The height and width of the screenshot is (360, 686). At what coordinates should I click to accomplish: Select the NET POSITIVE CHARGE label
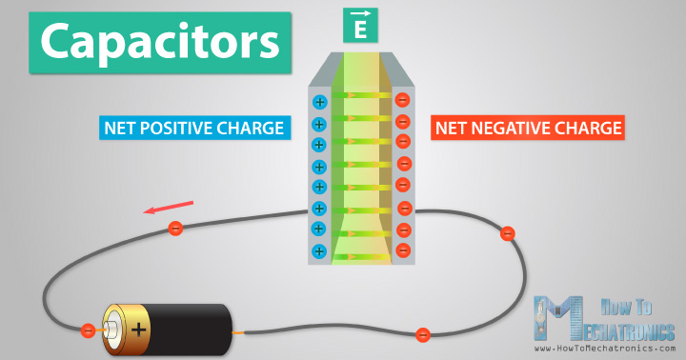pos(194,128)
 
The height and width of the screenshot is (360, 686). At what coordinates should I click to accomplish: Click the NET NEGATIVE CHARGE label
pos(528,128)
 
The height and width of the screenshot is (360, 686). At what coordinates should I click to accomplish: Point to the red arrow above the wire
pos(169,207)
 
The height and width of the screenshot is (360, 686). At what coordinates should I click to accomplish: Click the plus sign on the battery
pos(140,330)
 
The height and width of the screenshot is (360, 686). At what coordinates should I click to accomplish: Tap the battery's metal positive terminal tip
pos(111,330)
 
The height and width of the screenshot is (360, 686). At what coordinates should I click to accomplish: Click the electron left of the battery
pos(88,330)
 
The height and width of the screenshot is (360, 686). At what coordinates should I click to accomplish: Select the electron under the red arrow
pos(174,229)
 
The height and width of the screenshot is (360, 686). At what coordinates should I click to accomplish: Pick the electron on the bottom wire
pos(422,334)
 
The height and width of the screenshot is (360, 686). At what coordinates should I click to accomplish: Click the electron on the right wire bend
pos(508,233)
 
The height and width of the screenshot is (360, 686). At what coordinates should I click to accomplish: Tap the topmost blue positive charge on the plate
pos(319,102)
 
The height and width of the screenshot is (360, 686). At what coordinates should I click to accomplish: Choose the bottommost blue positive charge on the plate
pos(319,251)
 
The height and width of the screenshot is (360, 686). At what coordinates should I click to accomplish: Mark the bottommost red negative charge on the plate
pos(403,250)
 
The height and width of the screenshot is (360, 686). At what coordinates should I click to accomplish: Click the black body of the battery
pos(191,330)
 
